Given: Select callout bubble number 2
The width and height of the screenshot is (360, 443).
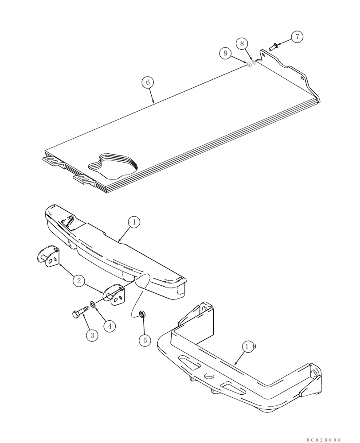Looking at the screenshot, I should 78,280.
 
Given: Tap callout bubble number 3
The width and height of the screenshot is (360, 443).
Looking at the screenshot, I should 92,335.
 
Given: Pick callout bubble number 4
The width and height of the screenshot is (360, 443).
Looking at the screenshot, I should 110,326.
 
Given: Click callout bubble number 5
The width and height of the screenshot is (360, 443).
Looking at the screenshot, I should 144,340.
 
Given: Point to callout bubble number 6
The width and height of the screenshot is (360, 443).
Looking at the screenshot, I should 148,82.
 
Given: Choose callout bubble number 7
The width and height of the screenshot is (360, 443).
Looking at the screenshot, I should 297,37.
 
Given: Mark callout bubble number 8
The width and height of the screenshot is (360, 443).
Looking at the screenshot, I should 242,43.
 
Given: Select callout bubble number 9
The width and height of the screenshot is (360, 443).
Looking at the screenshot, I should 226,53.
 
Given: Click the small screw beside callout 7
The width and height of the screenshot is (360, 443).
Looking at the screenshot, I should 273,46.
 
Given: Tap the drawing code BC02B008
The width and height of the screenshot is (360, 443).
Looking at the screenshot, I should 324,439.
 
